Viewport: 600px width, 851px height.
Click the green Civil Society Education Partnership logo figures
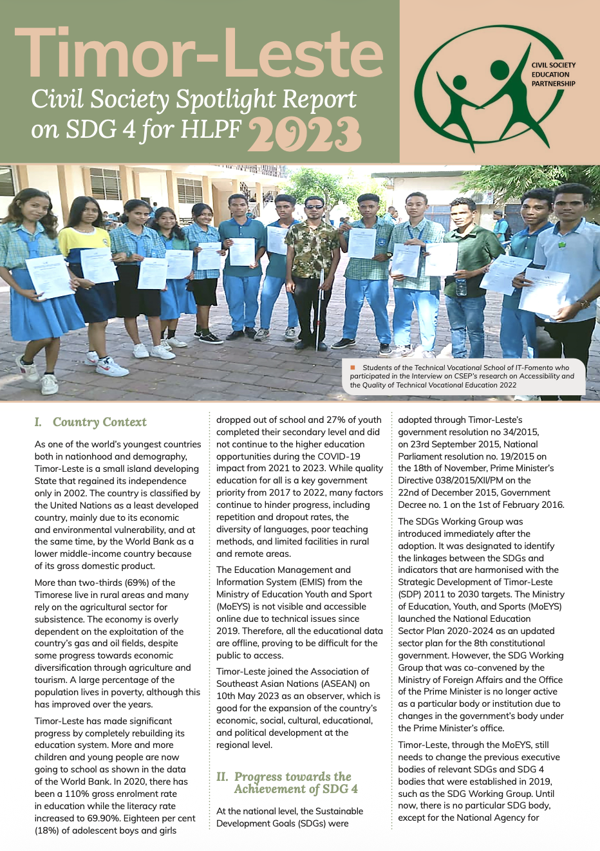(473, 90)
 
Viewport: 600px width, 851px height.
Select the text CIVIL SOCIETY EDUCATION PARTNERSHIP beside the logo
(553, 74)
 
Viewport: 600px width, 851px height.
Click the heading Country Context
(99, 422)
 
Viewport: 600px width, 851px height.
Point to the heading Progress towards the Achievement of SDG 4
(293, 783)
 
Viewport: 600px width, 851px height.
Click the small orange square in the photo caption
(353, 368)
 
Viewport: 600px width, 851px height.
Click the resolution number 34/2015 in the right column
(518, 432)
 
